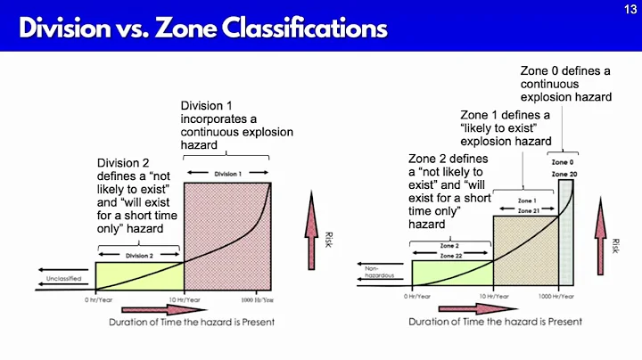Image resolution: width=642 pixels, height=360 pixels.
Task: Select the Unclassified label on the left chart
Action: tap(65, 280)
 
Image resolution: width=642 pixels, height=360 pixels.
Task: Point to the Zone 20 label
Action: tap(564, 174)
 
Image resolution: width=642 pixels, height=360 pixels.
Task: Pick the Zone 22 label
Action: tap(451, 255)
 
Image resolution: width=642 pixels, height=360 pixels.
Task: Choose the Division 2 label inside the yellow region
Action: tap(139, 256)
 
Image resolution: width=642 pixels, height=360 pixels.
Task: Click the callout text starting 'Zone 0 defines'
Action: tap(564, 83)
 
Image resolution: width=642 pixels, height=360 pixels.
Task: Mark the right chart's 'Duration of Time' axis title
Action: tap(495, 321)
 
